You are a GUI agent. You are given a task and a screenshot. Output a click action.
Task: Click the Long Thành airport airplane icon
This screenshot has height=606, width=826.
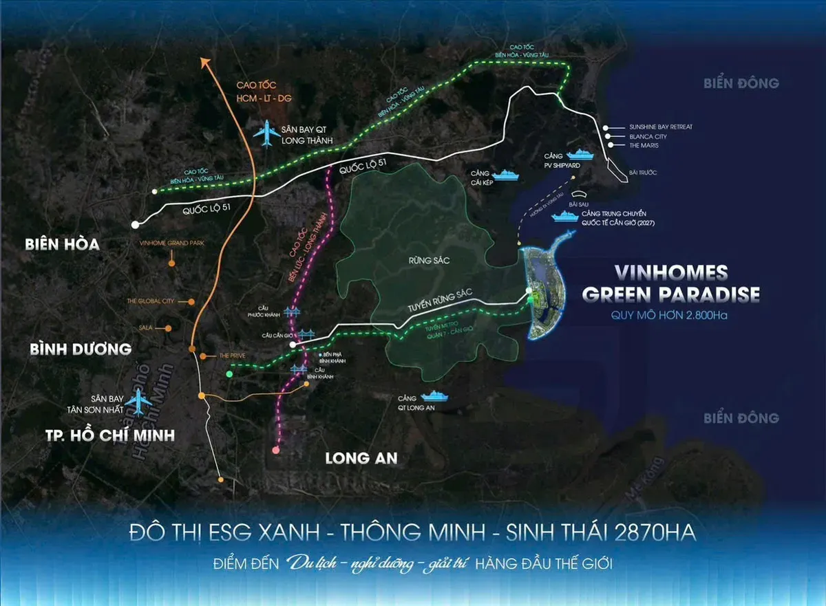click(264, 133)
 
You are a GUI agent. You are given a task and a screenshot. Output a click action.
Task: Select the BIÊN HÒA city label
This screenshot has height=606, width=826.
click(62, 244)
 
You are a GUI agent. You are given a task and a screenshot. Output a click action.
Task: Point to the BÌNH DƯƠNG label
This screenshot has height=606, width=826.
click(81, 349)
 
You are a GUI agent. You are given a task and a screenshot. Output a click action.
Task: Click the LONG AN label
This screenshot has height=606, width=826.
click(361, 457)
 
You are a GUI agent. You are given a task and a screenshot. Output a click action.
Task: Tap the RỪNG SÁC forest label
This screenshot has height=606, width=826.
click(423, 260)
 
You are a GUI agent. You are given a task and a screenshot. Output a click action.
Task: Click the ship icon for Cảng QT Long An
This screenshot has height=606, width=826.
click(434, 396)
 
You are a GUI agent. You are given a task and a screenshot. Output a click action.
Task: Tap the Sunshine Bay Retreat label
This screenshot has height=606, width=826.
click(660, 127)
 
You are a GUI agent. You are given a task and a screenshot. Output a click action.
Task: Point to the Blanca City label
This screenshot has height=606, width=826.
click(648, 137)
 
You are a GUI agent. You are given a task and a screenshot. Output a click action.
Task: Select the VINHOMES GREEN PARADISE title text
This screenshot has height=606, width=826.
click(670, 283)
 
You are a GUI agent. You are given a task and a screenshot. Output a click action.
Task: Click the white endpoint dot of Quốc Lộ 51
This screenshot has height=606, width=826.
click(136, 224)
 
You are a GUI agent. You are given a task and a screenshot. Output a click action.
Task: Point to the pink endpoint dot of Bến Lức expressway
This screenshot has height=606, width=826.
click(275, 450)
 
